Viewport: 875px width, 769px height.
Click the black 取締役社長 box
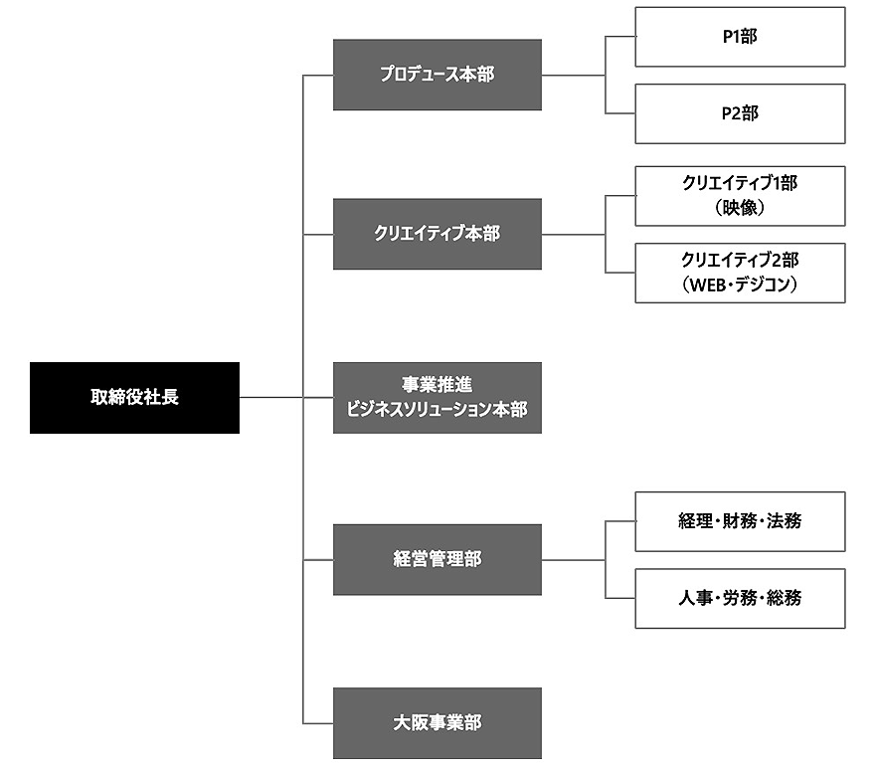click(134, 398)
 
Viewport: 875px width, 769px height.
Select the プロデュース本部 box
click(437, 75)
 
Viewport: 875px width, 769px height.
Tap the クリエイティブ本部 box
click(437, 234)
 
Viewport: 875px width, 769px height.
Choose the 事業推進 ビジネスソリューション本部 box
click(437, 398)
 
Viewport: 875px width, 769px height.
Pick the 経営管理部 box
click(437, 559)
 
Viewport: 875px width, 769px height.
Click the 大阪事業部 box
click(437, 723)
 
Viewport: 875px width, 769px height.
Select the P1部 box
click(740, 37)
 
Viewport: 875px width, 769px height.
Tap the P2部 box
click(740, 113)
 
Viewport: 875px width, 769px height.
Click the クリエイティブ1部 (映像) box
click(740, 196)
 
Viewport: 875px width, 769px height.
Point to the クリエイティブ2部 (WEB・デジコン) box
click(740, 273)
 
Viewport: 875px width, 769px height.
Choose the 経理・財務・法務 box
click(740, 521)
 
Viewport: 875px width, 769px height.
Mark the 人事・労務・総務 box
click(740, 598)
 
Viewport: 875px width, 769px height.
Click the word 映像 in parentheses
click(740, 209)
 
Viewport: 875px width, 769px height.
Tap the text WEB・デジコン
click(740, 285)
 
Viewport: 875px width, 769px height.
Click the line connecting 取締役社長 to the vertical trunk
click(270, 398)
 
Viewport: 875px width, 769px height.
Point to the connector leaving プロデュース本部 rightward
click(573, 75)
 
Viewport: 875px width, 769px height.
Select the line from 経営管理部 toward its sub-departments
click(573, 559)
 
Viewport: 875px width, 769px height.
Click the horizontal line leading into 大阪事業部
click(318, 723)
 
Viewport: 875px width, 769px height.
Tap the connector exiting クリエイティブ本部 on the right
click(573, 234)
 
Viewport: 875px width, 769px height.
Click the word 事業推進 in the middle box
click(437, 386)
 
